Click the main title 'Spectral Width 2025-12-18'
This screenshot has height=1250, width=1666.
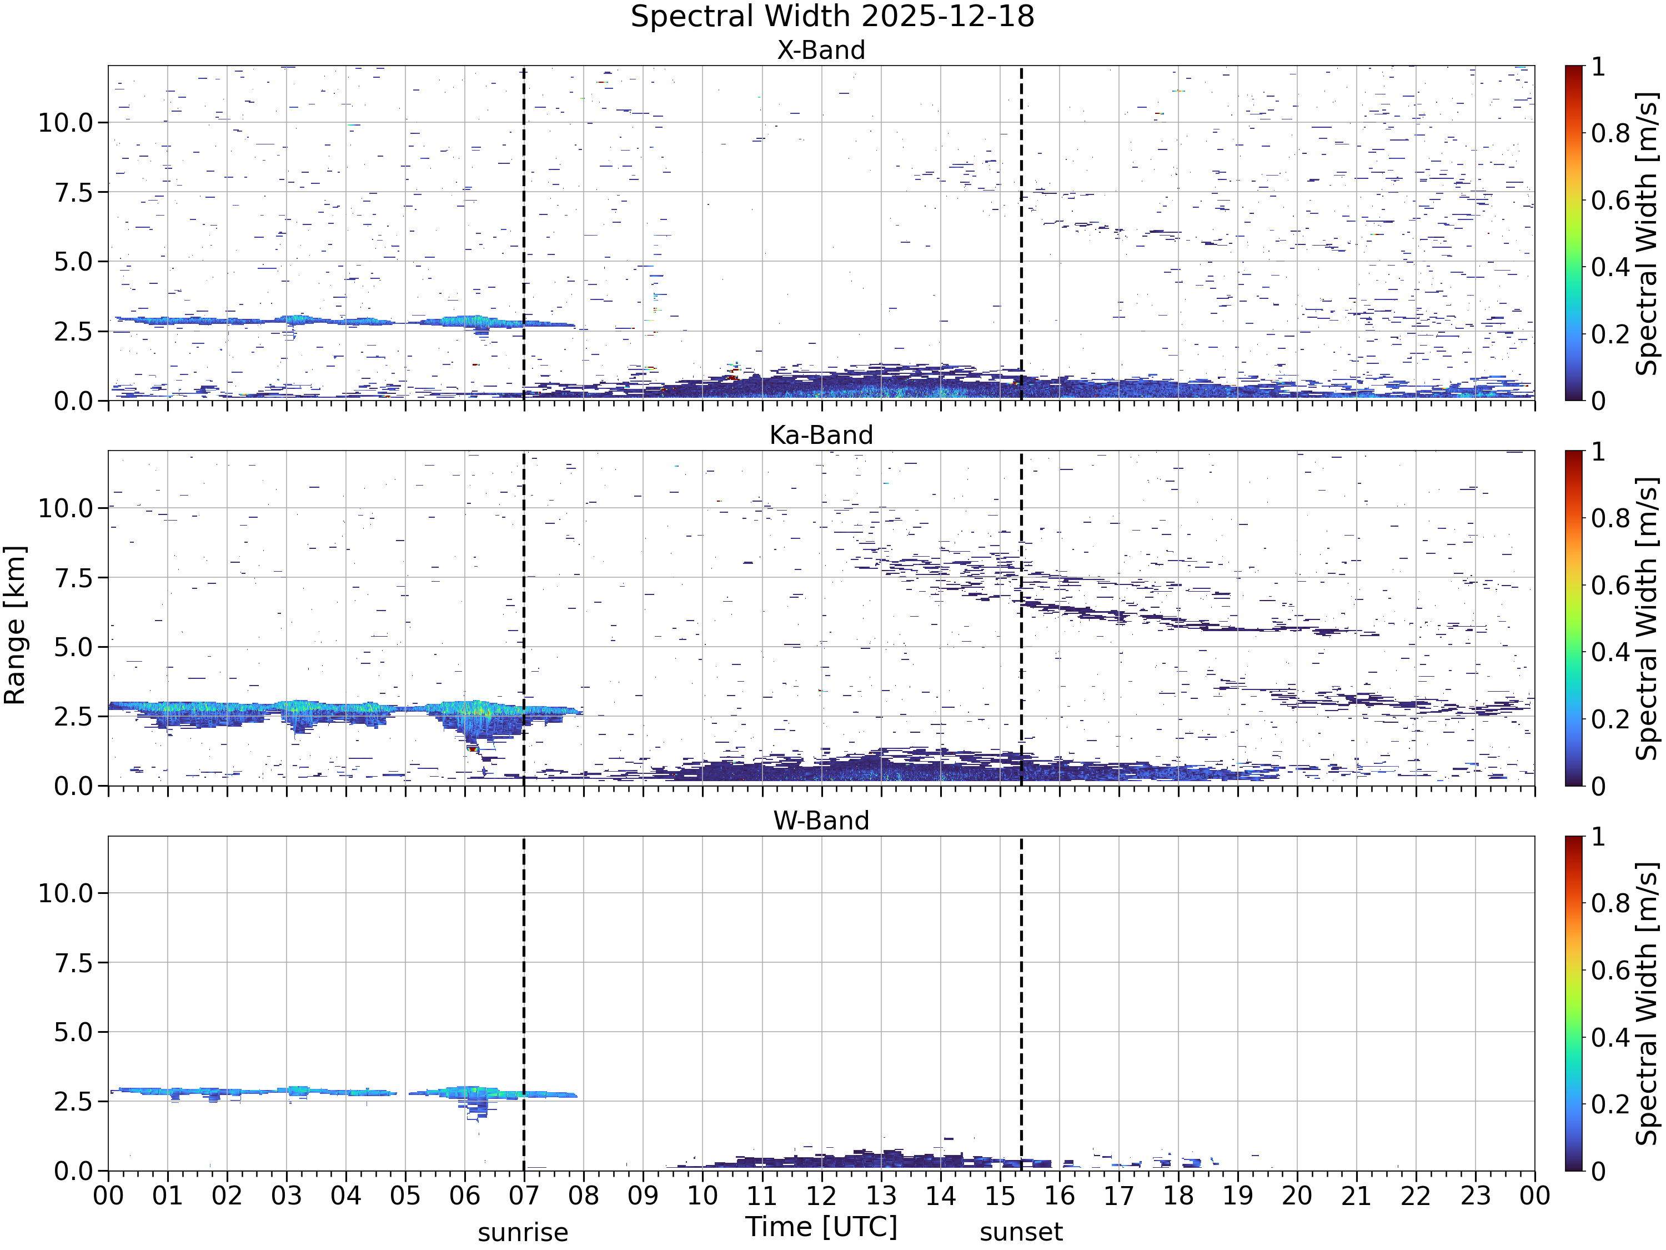click(x=832, y=17)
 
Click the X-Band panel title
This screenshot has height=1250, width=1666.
click(x=821, y=51)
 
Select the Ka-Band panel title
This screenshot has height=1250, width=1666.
click(x=821, y=436)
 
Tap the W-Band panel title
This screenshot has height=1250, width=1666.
click(x=821, y=821)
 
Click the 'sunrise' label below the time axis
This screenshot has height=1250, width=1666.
click(x=523, y=1233)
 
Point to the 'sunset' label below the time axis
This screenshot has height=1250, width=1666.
click(x=1021, y=1233)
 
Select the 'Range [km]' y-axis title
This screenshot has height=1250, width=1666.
click(x=14, y=626)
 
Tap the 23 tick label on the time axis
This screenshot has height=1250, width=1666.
click(x=1475, y=1196)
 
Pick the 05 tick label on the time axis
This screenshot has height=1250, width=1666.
click(x=405, y=1196)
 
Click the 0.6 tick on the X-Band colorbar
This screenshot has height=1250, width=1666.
click(x=1611, y=201)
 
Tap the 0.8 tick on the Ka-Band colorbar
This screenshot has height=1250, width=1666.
click(x=1611, y=518)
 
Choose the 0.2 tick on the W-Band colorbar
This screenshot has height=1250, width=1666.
click(x=1611, y=1104)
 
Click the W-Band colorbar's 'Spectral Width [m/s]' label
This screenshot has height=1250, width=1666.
click(x=1647, y=1004)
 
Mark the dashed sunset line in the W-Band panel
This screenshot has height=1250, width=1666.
click(x=1021, y=1004)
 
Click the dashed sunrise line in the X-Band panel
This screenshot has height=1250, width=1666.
click(x=524, y=233)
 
